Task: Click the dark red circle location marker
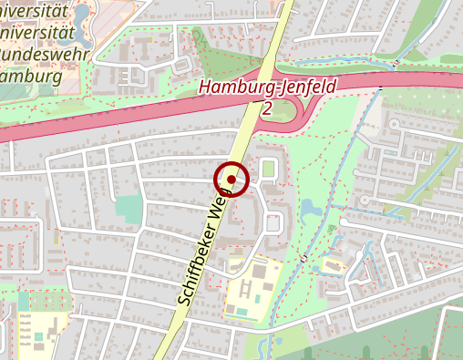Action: click(231, 180)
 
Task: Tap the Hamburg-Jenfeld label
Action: click(267, 88)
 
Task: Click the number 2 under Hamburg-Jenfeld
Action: click(266, 108)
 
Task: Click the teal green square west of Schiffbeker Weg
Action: click(129, 209)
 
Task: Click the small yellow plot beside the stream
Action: click(331, 266)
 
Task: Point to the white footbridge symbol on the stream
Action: click(304, 259)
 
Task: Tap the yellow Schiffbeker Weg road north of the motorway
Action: click(278, 27)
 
